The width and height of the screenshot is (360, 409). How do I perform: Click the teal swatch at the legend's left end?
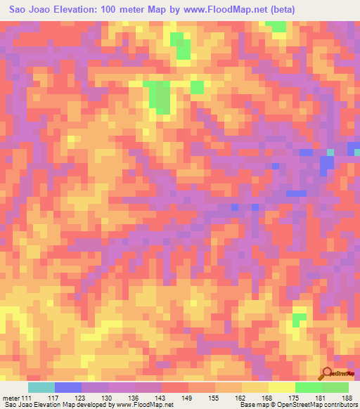[41, 387]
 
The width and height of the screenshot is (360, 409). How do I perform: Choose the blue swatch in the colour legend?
[68, 387]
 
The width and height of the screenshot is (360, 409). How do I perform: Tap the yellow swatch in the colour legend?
[282, 387]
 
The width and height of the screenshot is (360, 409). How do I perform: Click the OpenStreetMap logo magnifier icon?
[328, 372]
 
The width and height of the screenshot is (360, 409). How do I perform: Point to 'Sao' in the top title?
[18, 10]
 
